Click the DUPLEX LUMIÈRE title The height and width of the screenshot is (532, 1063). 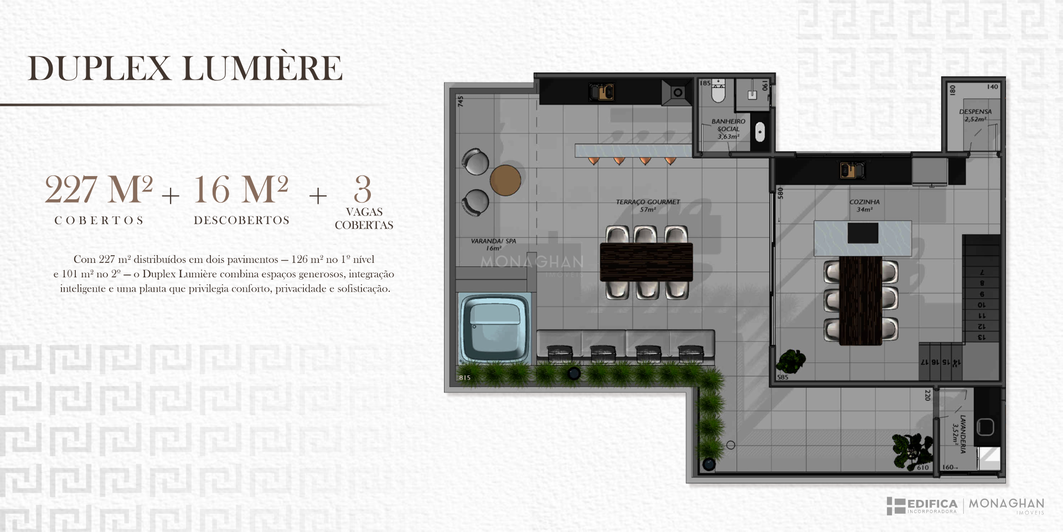185,68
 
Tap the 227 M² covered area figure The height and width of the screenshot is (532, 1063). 99,189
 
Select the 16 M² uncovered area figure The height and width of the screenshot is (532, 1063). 241,189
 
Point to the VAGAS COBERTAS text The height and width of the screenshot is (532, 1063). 364,219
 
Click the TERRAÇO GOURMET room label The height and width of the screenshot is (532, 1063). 648,205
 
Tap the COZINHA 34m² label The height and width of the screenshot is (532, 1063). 864,205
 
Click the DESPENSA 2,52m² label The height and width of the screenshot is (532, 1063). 976,115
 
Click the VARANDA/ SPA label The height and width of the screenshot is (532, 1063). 493,245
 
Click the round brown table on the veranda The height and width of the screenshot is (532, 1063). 505,180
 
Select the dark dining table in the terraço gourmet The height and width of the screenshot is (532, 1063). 646,262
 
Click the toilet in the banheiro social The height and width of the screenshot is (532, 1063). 718,91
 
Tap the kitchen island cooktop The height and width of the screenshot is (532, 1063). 863,233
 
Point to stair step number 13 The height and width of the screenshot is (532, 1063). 982,337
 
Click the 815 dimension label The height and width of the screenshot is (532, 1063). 465,378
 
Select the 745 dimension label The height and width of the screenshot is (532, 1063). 460,101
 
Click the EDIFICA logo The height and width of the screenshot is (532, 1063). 922,506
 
